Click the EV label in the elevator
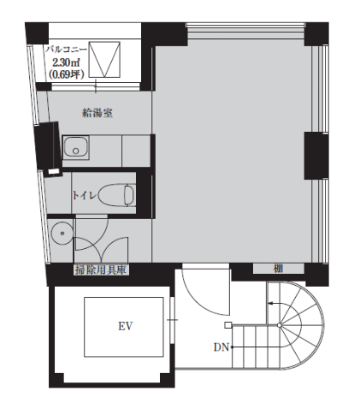pos(126,326)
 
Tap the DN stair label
pos(221,347)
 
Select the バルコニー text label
pos(67,50)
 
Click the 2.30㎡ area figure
pos(66,62)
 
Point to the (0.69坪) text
pos(67,74)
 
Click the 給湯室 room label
pos(97,113)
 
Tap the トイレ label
pos(85,195)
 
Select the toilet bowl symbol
pos(117,195)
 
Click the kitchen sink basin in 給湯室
pos(75,147)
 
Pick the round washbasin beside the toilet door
pos(62,233)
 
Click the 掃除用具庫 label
pos(101,270)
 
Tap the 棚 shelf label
pos(278,269)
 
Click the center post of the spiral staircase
pos(280,325)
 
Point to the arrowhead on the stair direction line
pos(270,303)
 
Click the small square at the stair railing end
pos(227,325)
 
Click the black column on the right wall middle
pos(316,156)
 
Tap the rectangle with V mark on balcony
pos(104,60)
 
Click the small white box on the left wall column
pos(54,172)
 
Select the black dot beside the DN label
pos(232,347)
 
